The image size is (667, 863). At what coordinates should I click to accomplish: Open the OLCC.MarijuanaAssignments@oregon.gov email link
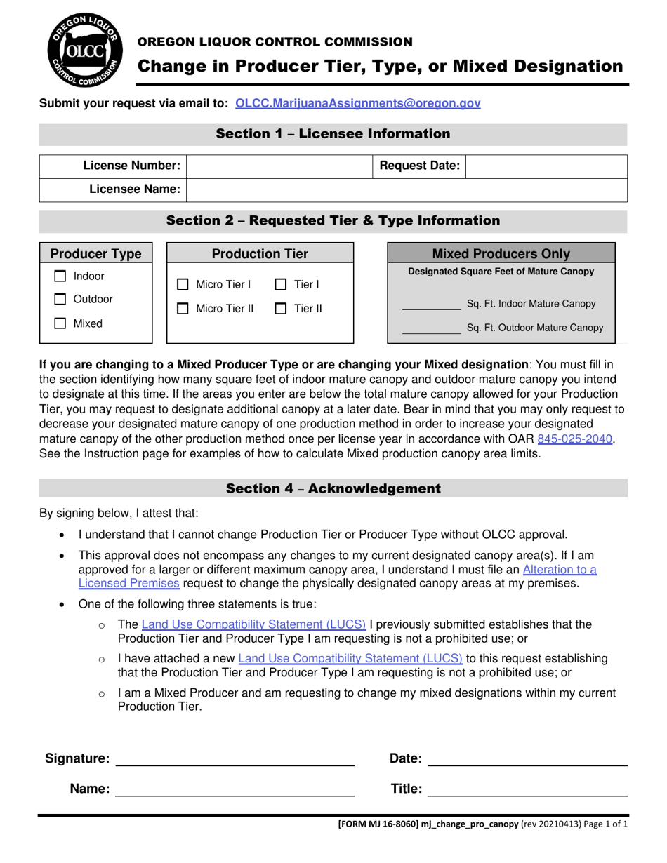tap(358, 103)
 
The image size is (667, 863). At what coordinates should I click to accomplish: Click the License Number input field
tap(279, 166)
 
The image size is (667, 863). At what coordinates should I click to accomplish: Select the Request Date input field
tap(546, 166)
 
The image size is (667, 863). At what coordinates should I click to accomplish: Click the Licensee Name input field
tap(407, 189)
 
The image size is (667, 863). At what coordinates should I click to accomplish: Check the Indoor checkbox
tap(61, 276)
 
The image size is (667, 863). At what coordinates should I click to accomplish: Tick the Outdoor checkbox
tap(61, 300)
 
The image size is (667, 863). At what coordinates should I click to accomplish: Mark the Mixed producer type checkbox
tap(61, 323)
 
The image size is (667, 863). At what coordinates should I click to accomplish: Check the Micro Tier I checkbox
tap(183, 285)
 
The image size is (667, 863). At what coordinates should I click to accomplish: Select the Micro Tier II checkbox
tap(183, 308)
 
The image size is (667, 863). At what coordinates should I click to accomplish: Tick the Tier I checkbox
tap(281, 285)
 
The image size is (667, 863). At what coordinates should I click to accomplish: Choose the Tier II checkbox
tap(281, 308)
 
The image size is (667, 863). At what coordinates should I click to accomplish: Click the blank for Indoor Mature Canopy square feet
tap(430, 305)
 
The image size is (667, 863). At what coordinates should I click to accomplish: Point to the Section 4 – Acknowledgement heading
tap(333, 488)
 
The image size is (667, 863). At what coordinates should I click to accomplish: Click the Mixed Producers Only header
tap(501, 253)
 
